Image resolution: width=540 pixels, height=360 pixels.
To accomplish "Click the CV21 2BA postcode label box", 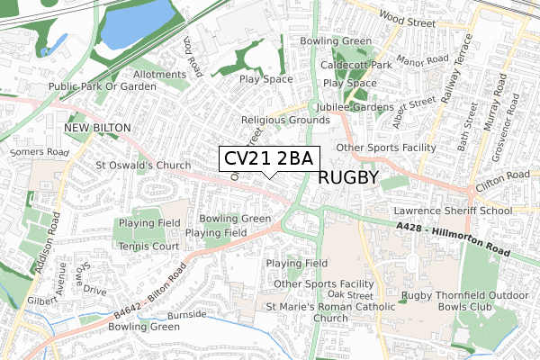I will coord(267,159).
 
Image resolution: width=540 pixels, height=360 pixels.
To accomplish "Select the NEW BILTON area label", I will coord(97,129).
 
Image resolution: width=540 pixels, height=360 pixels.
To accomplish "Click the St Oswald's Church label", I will coord(143,166).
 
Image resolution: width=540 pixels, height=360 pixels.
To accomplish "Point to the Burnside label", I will coord(187,315).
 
